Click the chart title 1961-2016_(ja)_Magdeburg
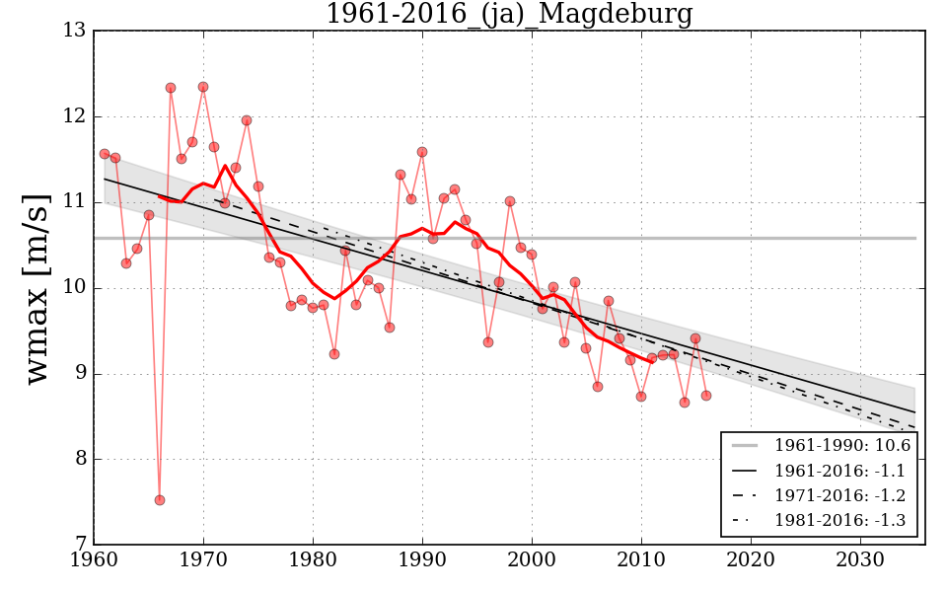point(508,15)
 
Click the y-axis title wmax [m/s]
point(37,288)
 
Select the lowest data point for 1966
point(160,500)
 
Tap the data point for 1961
point(105,154)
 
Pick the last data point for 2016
point(706,396)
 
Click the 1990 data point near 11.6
point(422,152)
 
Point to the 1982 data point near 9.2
point(334,354)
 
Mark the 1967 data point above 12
point(171,88)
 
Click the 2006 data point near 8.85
point(598,387)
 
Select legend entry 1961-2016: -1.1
point(839,472)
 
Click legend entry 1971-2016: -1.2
point(839,496)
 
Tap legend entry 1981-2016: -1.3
point(839,521)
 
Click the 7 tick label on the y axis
point(79,545)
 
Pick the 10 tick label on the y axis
point(74,288)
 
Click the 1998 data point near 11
point(510,201)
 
